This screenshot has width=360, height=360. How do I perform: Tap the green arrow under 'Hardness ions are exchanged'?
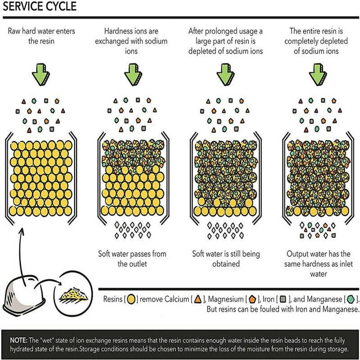[x=132, y=74]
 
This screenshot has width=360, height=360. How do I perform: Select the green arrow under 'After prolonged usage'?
[x=224, y=74]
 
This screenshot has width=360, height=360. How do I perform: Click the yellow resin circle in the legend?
[x=132, y=299]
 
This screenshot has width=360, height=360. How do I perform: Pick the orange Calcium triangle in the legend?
[x=198, y=299]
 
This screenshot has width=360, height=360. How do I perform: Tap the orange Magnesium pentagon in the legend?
[x=253, y=299]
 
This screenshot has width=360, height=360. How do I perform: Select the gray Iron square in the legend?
[x=283, y=299]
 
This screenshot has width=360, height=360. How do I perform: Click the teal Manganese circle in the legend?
[x=351, y=299]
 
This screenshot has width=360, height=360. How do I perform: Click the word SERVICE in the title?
[x=23, y=7]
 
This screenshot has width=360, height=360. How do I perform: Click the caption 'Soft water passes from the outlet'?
[x=132, y=259]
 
